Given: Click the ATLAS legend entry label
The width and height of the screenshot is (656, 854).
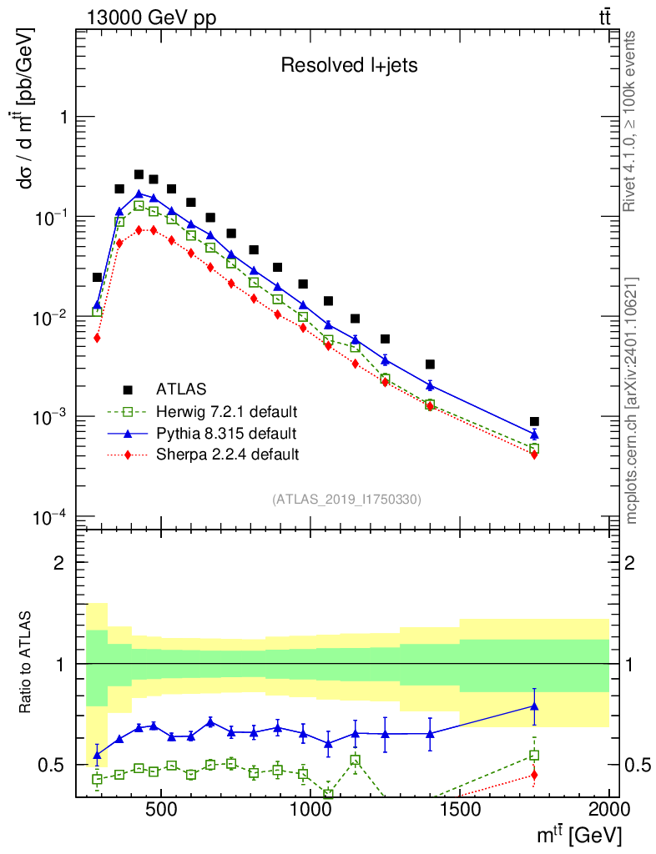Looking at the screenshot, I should [181, 389].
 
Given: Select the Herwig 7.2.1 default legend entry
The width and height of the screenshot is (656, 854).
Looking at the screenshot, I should [226, 411].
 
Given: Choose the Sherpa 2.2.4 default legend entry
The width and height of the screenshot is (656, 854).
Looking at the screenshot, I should [226, 455].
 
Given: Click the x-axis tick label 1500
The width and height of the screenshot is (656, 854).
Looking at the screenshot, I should [460, 810].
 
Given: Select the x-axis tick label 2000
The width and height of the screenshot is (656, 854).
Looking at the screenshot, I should [609, 810].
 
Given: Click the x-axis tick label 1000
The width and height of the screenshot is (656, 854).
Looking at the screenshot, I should [310, 810].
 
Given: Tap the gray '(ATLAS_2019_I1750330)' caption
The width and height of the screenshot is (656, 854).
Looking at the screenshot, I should [346, 500].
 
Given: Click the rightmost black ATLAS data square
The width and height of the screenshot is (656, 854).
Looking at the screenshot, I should [534, 422].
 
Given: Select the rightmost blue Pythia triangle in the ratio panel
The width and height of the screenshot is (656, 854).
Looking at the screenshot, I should [534, 706].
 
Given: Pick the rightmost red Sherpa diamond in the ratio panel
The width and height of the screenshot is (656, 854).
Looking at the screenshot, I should [534, 776].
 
